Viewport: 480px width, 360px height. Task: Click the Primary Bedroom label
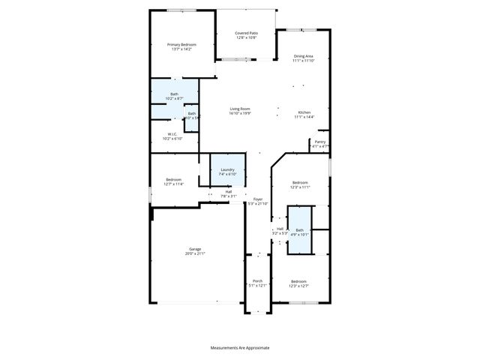click(x=181, y=45)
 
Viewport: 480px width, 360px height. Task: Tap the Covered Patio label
click(x=246, y=33)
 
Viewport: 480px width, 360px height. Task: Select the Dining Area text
click(x=303, y=56)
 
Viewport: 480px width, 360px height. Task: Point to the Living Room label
click(x=240, y=109)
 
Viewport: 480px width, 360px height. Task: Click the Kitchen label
click(x=304, y=112)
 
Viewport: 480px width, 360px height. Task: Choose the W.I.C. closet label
click(x=172, y=134)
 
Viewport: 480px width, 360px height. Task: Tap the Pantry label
click(x=319, y=141)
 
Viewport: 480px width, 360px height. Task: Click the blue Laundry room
click(x=227, y=172)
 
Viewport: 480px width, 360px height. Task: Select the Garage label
click(x=195, y=249)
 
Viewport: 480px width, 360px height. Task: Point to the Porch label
click(x=257, y=281)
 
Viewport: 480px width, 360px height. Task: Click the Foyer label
click(x=257, y=199)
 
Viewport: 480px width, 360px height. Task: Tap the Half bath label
click(x=229, y=191)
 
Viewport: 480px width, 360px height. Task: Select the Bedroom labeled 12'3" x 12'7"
click(x=298, y=282)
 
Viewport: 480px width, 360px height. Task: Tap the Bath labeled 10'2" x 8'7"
click(x=174, y=94)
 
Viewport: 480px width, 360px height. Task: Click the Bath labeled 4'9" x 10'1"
click(x=300, y=230)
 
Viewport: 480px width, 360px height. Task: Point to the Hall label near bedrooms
click(x=280, y=229)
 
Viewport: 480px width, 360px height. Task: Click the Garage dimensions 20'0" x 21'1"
click(x=195, y=254)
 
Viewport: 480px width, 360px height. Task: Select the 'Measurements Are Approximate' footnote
click(x=240, y=348)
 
